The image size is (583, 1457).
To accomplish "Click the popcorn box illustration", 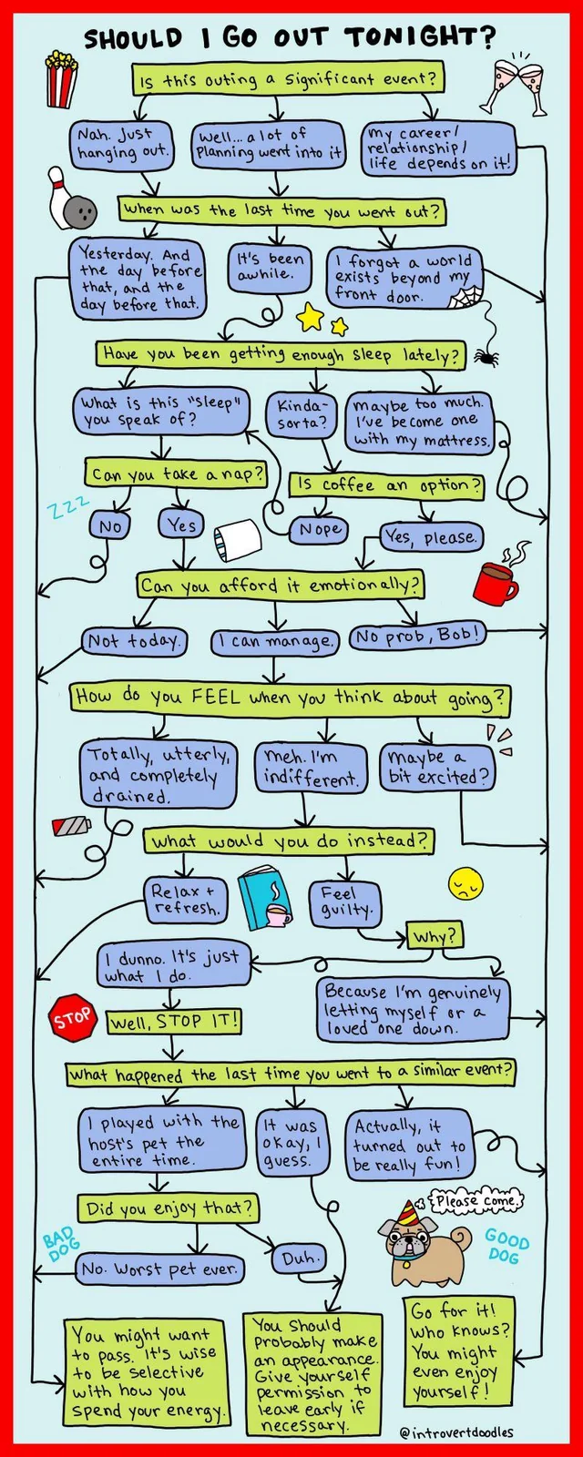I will pyautogui.click(x=61, y=79).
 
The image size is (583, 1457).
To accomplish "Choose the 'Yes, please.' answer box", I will pyautogui.click(x=431, y=537).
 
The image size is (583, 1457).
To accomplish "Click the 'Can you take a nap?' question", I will pyautogui.click(x=178, y=474).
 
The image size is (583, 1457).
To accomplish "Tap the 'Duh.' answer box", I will pyautogui.click(x=298, y=1259).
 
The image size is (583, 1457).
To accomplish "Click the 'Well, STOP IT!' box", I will pyautogui.click(x=174, y=1021).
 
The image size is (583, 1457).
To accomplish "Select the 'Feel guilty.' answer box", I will pyautogui.click(x=345, y=902).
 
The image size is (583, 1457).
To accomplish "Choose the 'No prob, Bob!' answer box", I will pyautogui.click(x=417, y=636).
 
